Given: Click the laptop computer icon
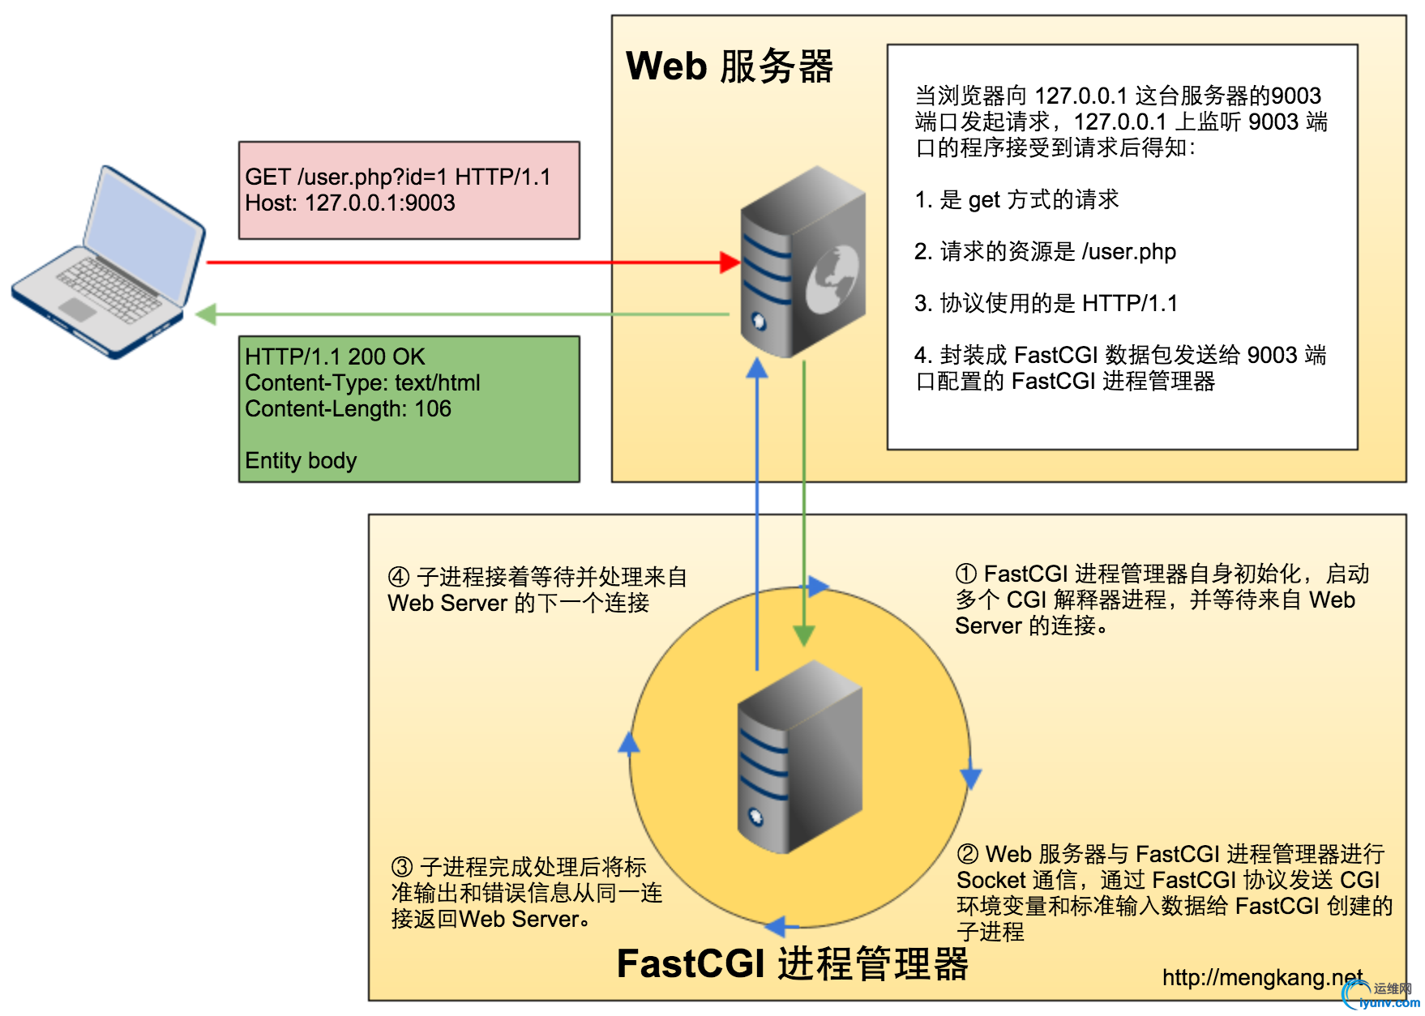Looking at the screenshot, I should click(109, 263).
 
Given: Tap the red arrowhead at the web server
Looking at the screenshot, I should click(730, 263).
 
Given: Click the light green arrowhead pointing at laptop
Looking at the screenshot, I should click(206, 314).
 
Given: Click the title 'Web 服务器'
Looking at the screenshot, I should click(730, 66).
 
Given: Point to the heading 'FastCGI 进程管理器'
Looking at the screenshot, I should click(792, 964).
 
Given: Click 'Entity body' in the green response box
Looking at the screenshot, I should click(301, 460).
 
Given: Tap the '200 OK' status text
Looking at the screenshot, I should click(387, 356).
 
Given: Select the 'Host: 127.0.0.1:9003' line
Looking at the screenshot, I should click(350, 203).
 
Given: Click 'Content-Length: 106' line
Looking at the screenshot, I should click(348, 408).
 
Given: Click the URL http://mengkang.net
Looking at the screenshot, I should click(1261, 978).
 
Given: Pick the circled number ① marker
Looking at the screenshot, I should click(966, 574).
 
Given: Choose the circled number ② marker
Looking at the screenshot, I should click(968, 854).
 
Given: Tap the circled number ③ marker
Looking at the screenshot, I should click(402, 867).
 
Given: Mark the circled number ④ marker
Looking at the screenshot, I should click(399, 577).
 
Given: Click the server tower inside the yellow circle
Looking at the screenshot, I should click(798, 758).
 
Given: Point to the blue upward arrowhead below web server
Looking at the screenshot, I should click(757, 369).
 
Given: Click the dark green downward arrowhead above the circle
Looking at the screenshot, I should click(803, 635).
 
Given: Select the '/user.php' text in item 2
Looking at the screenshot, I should click(1128, 251).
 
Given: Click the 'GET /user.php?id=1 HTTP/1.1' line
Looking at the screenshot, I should click(397, 177).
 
